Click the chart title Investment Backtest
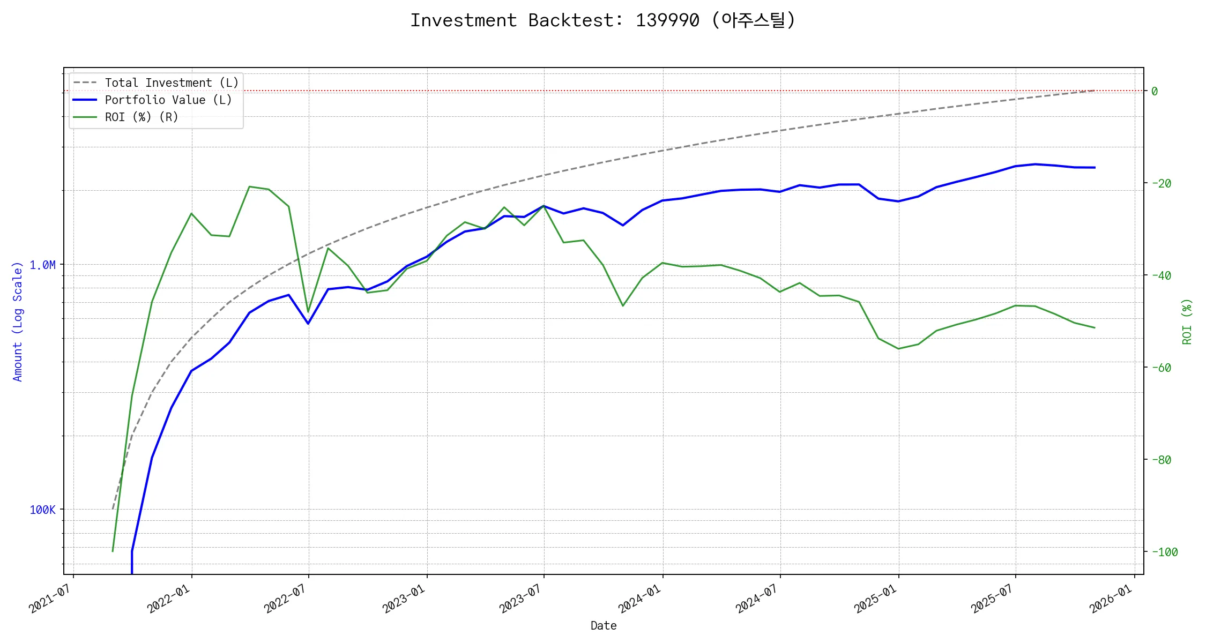click(602, 20)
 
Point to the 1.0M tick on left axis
click(42, 265)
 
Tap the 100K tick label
click(42, 510)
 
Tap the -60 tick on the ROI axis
click(1161, 368)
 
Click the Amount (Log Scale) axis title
click(18, 322)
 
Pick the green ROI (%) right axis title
click(1187, 322)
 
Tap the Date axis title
click(604, 626)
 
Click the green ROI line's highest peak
click(249, 186)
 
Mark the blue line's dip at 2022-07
click(308, 324)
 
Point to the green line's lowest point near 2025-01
click(898, 349)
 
